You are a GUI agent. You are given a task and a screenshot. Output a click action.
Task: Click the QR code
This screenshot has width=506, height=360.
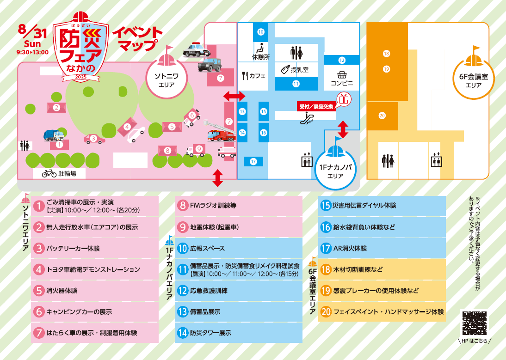pyautogui.click(x=474, y=323)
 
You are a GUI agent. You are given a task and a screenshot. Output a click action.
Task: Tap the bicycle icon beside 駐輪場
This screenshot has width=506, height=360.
pyautogui.click(x=49, y=173)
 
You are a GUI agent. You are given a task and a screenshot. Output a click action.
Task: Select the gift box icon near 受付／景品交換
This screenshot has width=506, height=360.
pyautogui.click(x=343, y=99)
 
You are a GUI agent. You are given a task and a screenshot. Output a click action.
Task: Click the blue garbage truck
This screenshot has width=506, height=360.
pyautogui.click(x=53, y=135)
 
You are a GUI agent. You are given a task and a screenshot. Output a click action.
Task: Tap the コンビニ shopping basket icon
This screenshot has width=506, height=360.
pyautogui.click(x=342, y=75)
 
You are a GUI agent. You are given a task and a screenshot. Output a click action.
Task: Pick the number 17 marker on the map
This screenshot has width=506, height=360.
pyautogui.click(x=253, y=162)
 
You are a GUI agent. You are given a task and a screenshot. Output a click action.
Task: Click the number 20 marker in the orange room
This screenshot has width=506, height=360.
pyautogui.click(x=382, y=116)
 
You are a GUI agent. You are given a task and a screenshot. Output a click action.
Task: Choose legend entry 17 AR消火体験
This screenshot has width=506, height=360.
pyautogui.click(x=382, y=248)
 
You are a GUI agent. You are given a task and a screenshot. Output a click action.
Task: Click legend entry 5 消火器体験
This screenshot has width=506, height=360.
pyautogui.click(x=95, y=291)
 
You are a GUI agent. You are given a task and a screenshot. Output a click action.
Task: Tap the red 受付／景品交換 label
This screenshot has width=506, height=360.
pyautogui.click(x=316, y=106)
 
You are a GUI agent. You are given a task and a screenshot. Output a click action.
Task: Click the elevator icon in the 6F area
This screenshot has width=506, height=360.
pyautogui.click(x=436, y=161)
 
